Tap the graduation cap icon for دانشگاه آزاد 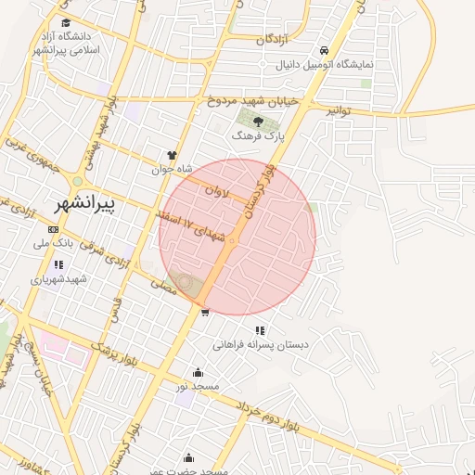pyautogui.click(x=65, y=22)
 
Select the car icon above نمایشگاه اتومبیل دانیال pyautogui.click(x=322, y=50)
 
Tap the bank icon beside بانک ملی pyautogui.click(x=53, y=229)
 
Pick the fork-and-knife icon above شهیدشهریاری pyautogui.click(x=59, y=264)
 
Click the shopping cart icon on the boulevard pyautogui.click(x=205, y=313)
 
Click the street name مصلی pyautogui.click(x=163, y=289)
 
